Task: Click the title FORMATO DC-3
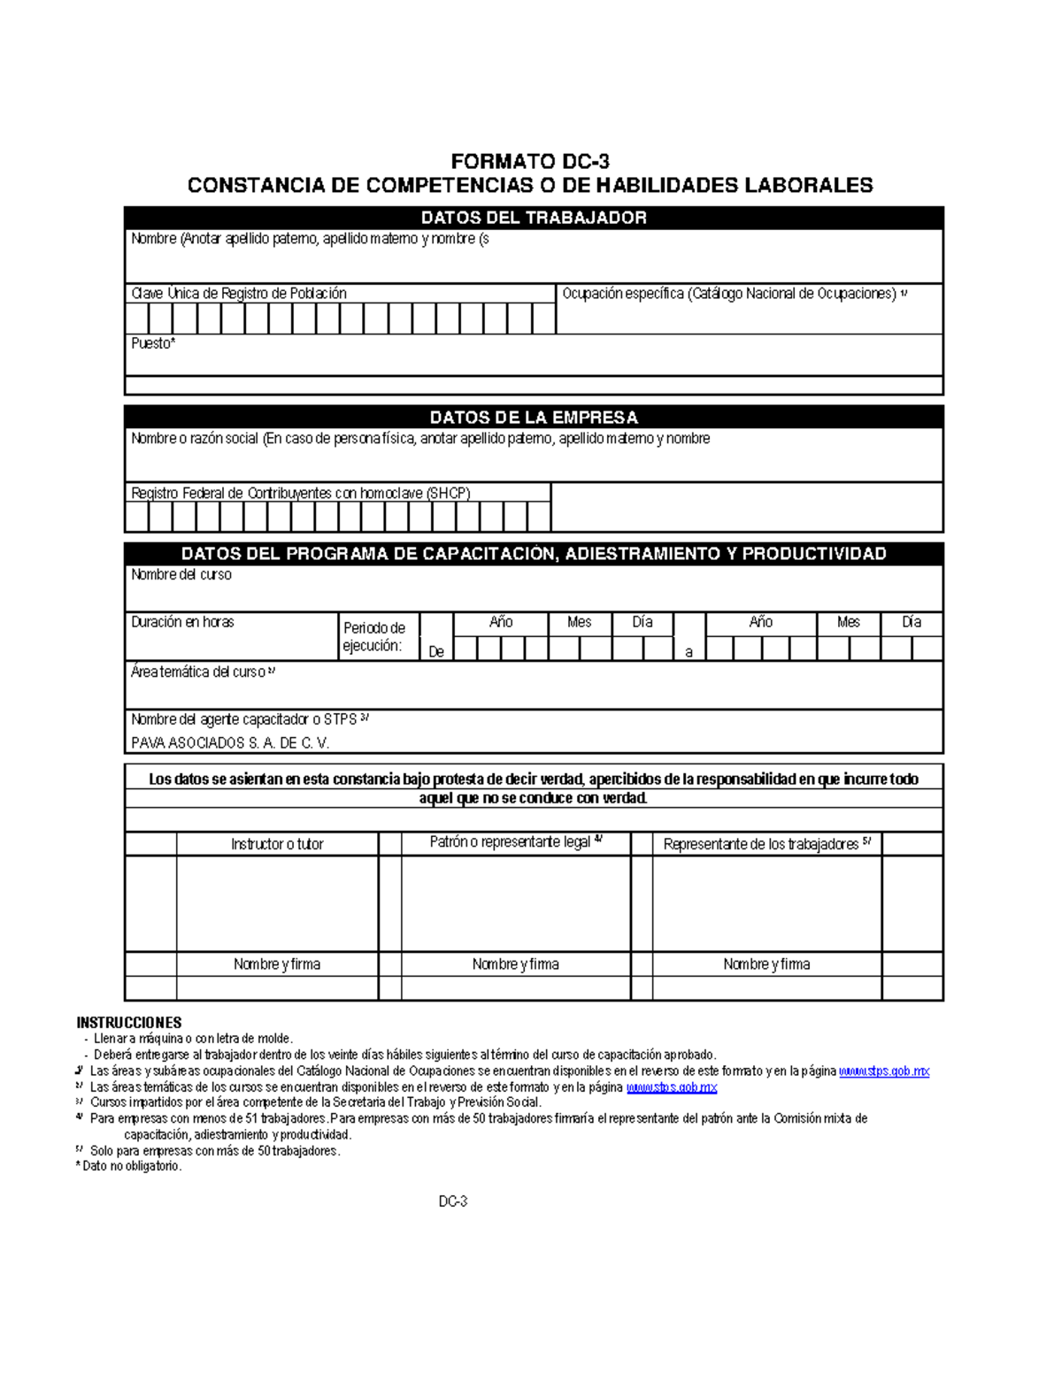[x=530, y=161]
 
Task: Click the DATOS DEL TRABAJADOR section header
[x=534, y=218]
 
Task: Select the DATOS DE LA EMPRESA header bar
[x=534, y=418]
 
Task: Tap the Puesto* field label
[x=153, y=343]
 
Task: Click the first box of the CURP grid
[x=137, y=319]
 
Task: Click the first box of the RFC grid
[x=137, y=517]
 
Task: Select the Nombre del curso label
[x=181, y=575]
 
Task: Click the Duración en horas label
[x=182, y=622]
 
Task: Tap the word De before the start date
[x=436, y=652]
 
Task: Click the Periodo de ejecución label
[x=373, y=637]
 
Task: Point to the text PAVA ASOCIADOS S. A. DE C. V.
[x=230, y=743]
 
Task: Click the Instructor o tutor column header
[x=277, y=844]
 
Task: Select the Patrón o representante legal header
[x=515, y=842]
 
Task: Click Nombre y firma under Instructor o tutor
[x=277, y=964]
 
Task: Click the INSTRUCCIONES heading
[x=129, y=1023]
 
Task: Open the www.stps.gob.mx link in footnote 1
[x=883, y=1071]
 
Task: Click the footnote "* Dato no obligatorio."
[x=129, y=1166]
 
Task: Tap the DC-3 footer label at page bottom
[x=453, y=1201]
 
